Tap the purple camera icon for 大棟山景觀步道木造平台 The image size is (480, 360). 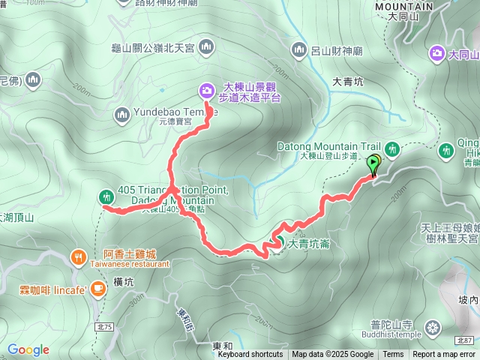click(206, 91)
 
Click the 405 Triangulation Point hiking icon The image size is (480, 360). click(105, 196)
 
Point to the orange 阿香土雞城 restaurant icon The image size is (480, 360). click(79, 257)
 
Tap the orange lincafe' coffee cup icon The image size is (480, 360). click(97, 289)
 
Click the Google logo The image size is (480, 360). click(28, 349)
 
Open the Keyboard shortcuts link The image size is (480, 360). click(250, 355)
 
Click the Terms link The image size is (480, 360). click(393, 355)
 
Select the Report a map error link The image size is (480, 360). click(445, 355)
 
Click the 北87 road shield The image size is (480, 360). click(463, 340)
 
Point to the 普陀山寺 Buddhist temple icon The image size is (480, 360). click(433, 327)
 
